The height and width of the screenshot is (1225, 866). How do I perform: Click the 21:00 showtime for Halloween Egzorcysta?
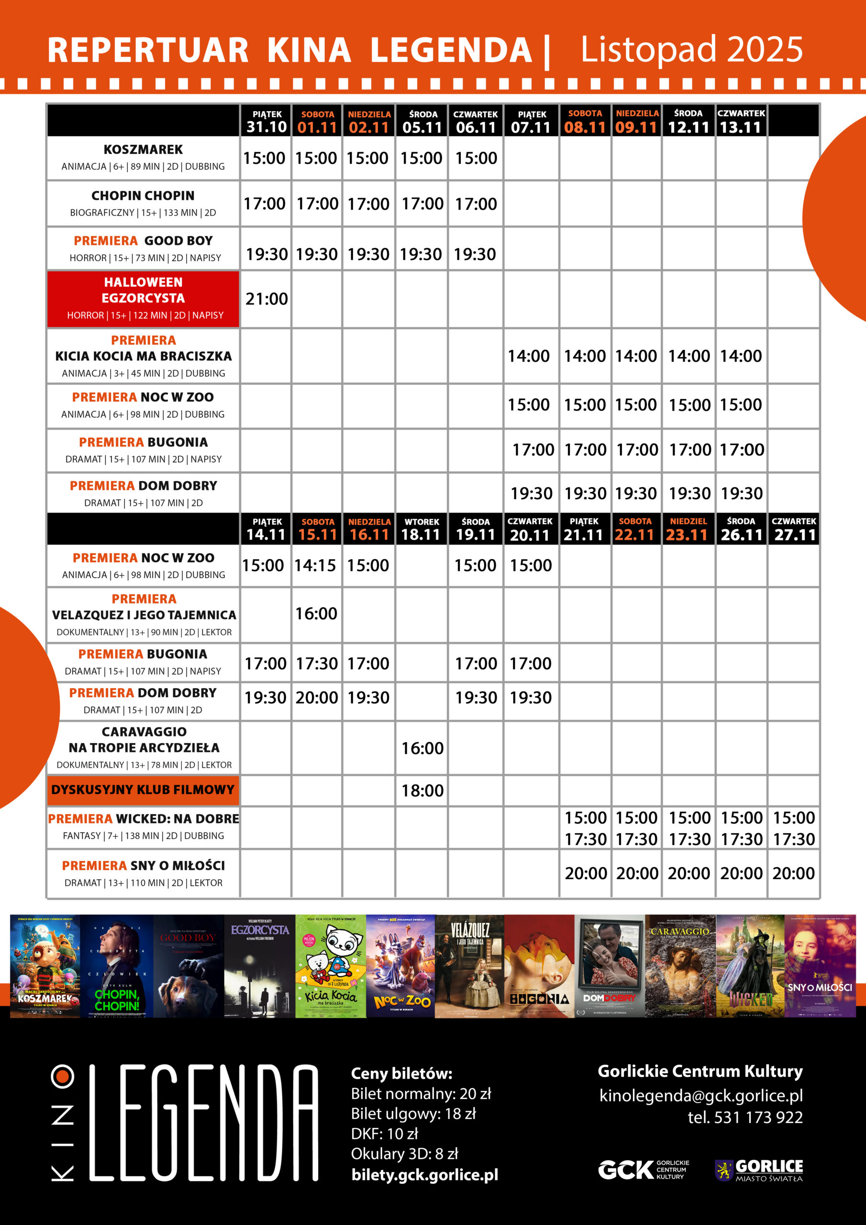coord(266,299)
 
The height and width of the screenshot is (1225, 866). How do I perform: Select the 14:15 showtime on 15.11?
coord(315,566)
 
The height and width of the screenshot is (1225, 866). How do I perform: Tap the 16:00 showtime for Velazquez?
coord(316,613)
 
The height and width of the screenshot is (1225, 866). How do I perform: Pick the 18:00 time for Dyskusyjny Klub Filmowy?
coord(422,790)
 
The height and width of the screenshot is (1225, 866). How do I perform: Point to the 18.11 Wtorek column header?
coord(421,529)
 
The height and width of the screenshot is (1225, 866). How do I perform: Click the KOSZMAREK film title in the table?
coord(143,149)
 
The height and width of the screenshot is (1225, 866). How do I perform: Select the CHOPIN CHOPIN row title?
coord(143,196)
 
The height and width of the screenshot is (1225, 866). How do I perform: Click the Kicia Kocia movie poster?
coord(331,966)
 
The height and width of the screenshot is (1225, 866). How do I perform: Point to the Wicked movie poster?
coord(750,966)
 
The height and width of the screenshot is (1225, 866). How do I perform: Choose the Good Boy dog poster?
coord(189,966)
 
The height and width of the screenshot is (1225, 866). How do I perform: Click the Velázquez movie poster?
coord(469,966)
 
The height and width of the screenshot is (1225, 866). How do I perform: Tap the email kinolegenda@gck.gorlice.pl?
coord(700,1096)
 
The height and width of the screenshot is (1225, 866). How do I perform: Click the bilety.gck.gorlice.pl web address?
coord(425,1174)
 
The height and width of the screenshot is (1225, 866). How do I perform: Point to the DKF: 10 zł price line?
coord(384,1134)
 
